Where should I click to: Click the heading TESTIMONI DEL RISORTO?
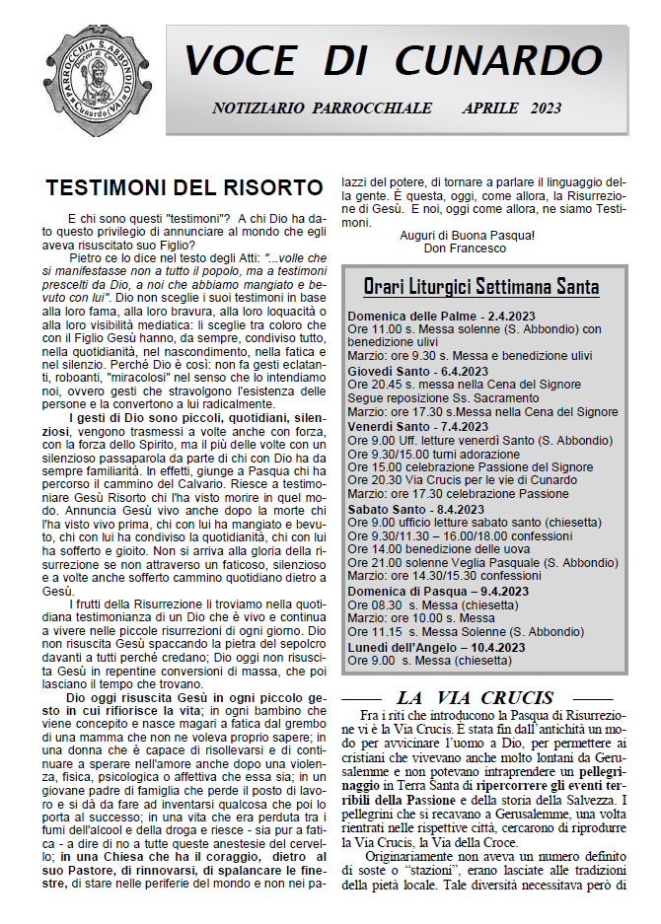pyautogui.click(x=184, y=187)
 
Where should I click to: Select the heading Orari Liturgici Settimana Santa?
pyautogui.click(x=480, y=287)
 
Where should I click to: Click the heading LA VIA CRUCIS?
pyautogui.click(x=475, y=697)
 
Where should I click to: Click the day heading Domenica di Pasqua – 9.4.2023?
pyautogui.click(x=438, y=591)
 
